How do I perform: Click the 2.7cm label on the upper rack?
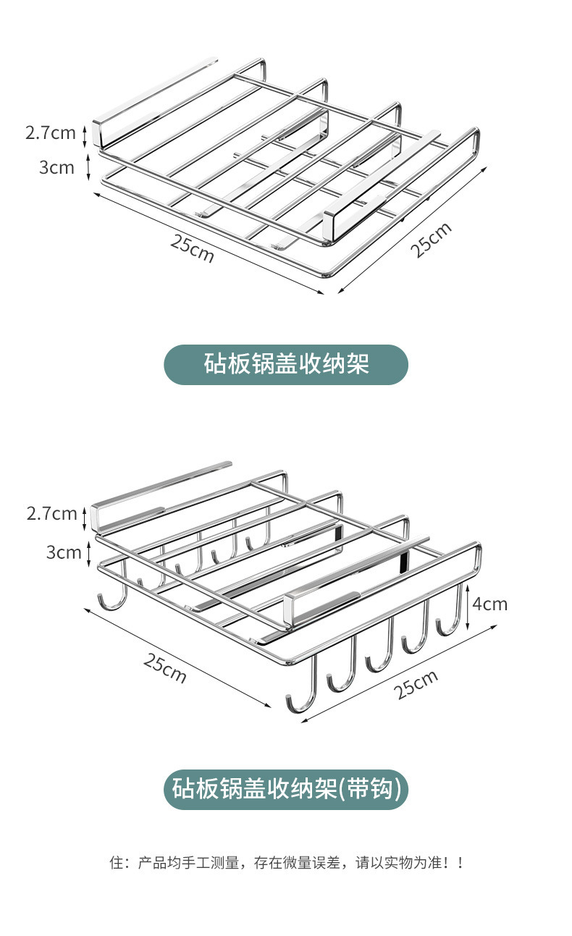[50, 132]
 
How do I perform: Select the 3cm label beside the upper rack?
[56, 167]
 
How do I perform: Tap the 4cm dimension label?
[491, 603]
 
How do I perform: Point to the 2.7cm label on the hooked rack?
[51, 513]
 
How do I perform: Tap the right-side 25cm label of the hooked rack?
[416, 684]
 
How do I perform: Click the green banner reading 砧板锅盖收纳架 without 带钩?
[286, 364]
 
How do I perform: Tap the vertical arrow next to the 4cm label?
[468, 603]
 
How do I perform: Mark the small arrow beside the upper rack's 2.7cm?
[86, 133]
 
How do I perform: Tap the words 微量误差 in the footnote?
[313, 863]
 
